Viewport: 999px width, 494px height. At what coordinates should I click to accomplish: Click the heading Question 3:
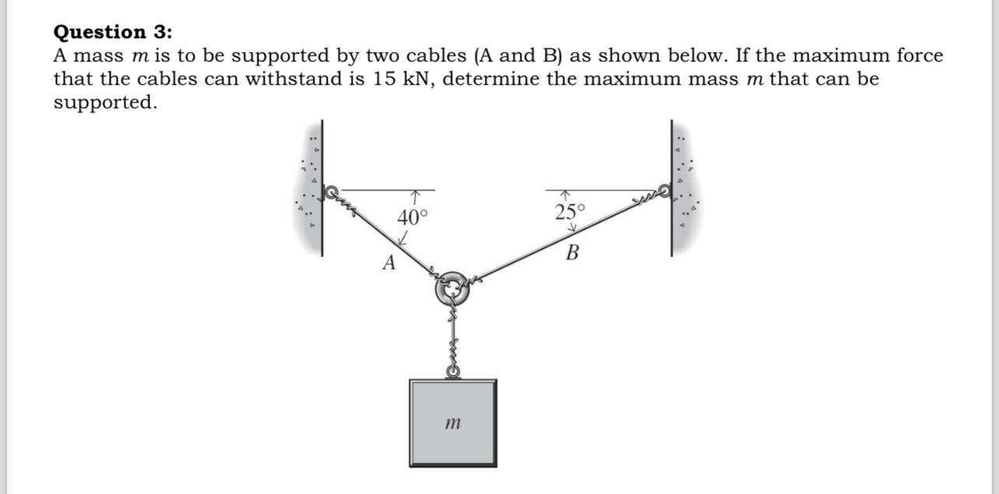point(114,32)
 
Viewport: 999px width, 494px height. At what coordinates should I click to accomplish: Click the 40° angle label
point(412,217)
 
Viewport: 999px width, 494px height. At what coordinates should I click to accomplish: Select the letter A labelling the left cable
point(389,263)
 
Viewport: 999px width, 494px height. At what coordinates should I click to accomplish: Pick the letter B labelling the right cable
point(573,253)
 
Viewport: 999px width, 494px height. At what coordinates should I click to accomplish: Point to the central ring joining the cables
point(451,289)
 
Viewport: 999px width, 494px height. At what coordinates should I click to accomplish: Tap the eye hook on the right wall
point(664,190)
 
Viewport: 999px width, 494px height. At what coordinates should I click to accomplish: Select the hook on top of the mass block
point(452,372)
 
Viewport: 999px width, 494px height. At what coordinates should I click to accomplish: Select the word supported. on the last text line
point(105,103)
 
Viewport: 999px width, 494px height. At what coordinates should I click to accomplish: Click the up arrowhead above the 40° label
point(418,194)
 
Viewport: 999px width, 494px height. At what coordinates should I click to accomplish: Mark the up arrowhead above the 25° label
point(566,194)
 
